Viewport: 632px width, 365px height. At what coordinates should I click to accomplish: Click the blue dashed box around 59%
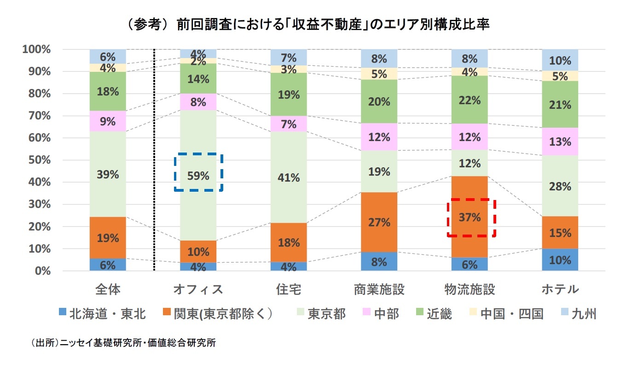198,172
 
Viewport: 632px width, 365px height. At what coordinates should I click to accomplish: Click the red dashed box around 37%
472,218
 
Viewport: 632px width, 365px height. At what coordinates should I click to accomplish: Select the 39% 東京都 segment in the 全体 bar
108,174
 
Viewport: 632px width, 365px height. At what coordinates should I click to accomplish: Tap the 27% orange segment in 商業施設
379,222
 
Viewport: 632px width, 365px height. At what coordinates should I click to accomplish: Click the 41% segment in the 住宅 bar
289,177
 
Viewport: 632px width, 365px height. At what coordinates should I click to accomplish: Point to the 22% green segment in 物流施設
470,100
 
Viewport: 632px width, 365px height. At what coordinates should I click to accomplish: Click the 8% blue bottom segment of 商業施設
379,261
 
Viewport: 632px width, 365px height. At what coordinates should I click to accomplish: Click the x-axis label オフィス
198,289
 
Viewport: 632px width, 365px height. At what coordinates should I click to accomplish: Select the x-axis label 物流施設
470,289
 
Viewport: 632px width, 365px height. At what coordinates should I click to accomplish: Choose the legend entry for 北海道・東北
103,314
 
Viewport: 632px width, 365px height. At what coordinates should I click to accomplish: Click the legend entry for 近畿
433,314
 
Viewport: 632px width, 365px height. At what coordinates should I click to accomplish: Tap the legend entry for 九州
578,314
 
